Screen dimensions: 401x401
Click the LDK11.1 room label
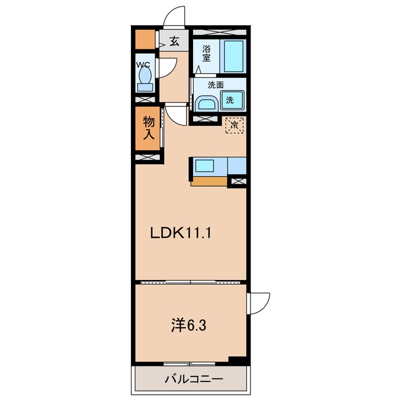tap(180, 233)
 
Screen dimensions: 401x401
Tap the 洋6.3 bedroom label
tap(189, 325)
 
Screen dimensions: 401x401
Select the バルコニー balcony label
tap(194, 378)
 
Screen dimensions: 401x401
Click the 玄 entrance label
tap(174, 41)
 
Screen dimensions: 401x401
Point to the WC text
tap(143, 65)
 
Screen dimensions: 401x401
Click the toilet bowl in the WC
tap(145, 76)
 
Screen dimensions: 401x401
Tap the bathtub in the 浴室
tap(233, 56)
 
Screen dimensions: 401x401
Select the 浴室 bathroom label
tap(206, 53)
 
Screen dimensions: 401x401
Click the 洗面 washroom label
tap(216, 85)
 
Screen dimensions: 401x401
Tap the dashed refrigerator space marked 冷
tap(234, 125)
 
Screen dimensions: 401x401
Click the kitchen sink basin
tap(205, 165)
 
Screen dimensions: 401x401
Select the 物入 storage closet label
tap(148, 128)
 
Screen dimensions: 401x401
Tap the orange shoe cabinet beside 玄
tap(145, 39)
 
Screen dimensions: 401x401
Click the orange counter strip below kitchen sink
tap(209, 181)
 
